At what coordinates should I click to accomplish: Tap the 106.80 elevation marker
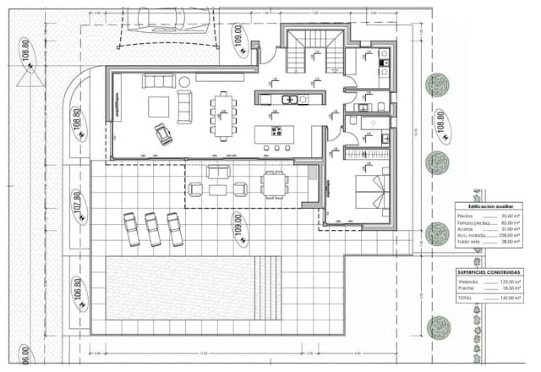76,292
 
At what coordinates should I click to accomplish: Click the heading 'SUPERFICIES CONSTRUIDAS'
489,272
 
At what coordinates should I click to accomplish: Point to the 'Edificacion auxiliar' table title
485,205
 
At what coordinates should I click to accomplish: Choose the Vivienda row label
467,282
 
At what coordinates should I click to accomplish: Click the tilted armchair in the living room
162,134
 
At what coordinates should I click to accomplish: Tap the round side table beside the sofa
183,81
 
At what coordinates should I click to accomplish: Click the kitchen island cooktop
276,131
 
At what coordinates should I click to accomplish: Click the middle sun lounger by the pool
153,229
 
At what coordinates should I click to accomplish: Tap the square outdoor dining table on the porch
273,183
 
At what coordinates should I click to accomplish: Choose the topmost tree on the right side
437,85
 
